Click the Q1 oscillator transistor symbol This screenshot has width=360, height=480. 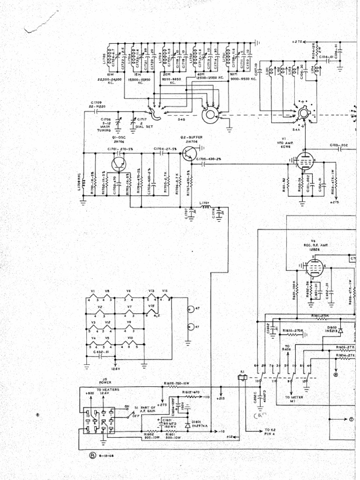click(x=118, y=164)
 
